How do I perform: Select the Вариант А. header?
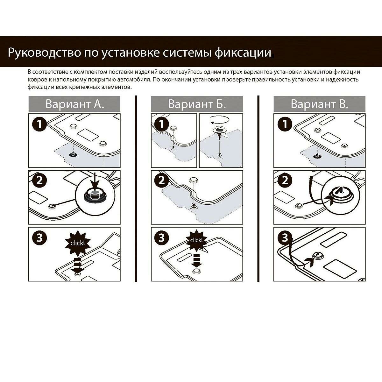click(74, 104)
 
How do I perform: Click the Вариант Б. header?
click(197, 104)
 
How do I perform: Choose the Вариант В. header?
click(319, 104)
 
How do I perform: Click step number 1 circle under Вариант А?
click(39, 124)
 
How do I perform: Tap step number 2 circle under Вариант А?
click(39, 180)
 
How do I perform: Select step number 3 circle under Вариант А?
click(39, 237)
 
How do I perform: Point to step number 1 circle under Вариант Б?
click(162, 124)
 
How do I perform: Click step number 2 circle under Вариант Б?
click(162, 180)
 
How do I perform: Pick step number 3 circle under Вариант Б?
click(162, 237)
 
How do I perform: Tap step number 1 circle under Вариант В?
click(285, 124)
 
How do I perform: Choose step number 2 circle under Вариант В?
click(285, 180)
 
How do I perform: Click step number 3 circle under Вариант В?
click(285, 237)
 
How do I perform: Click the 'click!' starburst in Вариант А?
click(78, 243)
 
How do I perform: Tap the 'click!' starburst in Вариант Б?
click(196, 240)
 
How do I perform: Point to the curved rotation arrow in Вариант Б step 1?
click(220, 120)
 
